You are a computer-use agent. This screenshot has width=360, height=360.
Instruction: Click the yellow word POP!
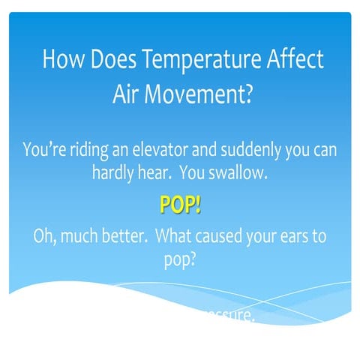point(180,205)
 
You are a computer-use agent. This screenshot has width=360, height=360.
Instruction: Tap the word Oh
point(45,236)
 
